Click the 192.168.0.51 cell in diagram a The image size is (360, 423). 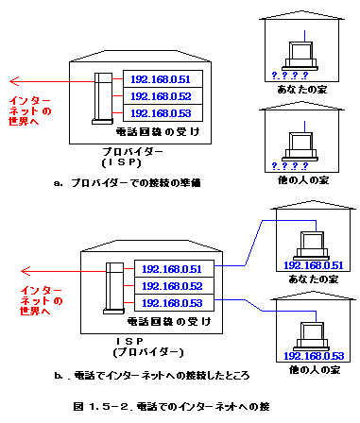point(163,79)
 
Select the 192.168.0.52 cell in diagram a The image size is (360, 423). point(163,96)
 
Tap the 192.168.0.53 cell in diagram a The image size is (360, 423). point(163,113)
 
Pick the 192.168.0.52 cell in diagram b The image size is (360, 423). point(174,286)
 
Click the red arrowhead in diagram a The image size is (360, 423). point(14,81)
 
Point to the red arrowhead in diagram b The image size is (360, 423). point(26,271)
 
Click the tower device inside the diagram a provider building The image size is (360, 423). point(103,98)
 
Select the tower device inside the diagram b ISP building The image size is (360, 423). point(114,288)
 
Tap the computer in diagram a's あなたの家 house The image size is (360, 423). point(300,56)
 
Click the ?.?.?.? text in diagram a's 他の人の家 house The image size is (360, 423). point(290,166)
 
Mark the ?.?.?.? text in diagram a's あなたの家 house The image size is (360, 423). point(290,76)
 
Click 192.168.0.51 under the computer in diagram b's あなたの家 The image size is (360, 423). point(314,265)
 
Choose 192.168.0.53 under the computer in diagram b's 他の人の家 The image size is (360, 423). point(314,356)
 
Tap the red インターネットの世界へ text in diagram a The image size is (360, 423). point(29,110)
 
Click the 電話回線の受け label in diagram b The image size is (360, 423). point(169,321)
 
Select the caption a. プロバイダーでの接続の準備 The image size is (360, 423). point(128,183)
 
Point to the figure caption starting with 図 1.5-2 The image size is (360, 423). point(172,406)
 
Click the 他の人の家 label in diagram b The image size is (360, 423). point(315,369)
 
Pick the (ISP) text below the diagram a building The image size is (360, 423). point(122,162)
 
